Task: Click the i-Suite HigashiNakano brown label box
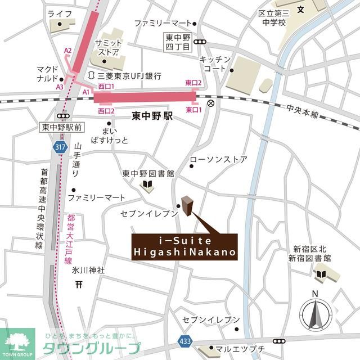click(x=184, y=247)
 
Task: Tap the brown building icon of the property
click(x=187, y=206)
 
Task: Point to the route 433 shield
click(x=185, y=341)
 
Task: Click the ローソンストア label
click(x=218, y=160)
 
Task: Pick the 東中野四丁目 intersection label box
click(x=177, y=42)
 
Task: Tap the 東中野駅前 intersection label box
click(x=62, y=128)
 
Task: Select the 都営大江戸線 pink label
click(x=69, y=239)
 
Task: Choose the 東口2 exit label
click(x=193, y=83)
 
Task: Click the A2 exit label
click(x=67, y=51)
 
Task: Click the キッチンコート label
click(x=214, y=64)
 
